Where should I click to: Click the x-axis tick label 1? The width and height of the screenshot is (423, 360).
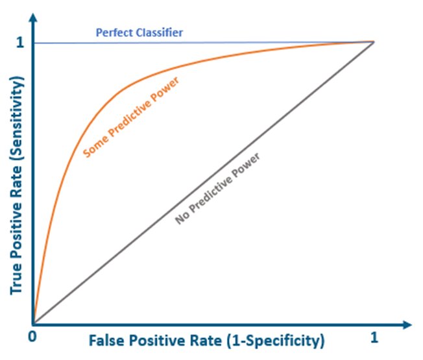[x=373, y=337]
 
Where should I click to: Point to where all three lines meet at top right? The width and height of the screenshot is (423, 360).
[x=373, y=42]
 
